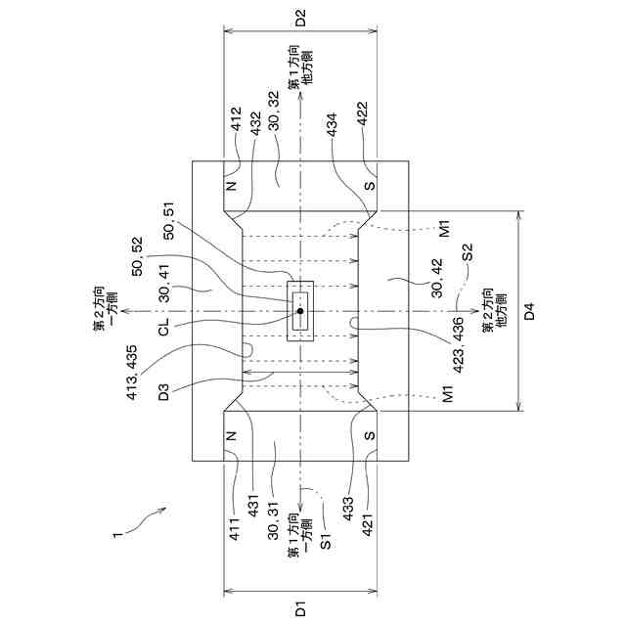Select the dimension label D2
point(301,17)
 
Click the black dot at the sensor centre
point(300,311)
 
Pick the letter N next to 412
point(232,186)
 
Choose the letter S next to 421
point(369,435)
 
